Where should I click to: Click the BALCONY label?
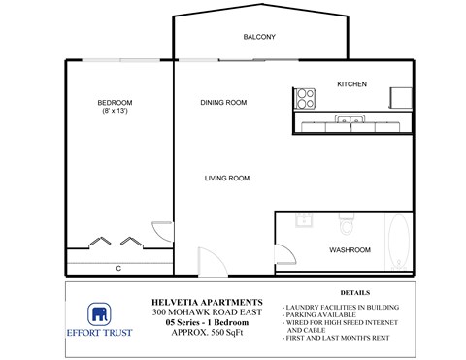pyautogui.click(x=259, y=38)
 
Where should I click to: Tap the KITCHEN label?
pyautogui.click(x=351, y=84)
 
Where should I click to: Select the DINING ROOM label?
pyautogui.click(x=223, y=103)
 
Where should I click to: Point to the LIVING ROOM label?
pyautogui.click(x=227, y=179)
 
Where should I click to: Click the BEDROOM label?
pyautogui.click(x=115, y=103)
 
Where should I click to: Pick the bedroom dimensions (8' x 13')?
pyautogui.click(x=115, y=113)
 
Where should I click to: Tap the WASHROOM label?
pyautogui.click(x=349, y=250)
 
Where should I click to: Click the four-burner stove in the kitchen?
pyautogui.click(x=306, y=97)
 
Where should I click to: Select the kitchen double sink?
pyautogui.click(x=349, y=121)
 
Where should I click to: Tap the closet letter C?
pyautogui.click(x=117, y=268)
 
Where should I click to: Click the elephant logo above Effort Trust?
pyautogui.click(x=98, y=313)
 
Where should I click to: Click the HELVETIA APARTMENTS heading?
pyautogui.click(x=208, y=302)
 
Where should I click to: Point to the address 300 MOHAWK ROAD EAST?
pyautogui.click(x=208, y=312)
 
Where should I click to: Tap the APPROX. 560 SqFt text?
pyautogui.click(x=208, y=333)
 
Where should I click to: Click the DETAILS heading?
pyautogui.click(x=354, y=292)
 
